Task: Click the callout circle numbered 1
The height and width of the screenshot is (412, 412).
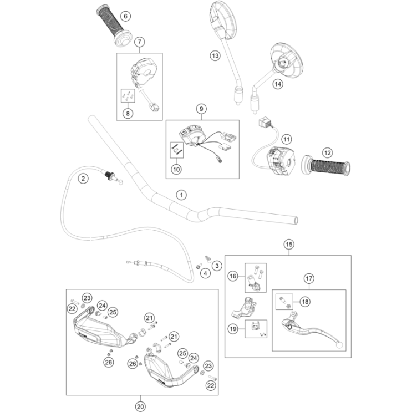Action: coord(180,195)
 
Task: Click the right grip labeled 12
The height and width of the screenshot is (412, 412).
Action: coord(327,166)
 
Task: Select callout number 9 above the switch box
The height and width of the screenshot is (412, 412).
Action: coord(201,109)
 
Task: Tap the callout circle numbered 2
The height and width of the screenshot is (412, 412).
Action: coord(82,178)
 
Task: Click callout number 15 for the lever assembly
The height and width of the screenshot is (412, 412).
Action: coord(288,243)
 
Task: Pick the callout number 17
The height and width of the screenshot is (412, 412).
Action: coord(309,278)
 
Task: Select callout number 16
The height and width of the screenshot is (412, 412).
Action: coord(233,275)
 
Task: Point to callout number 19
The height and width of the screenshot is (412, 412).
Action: coord(233,329)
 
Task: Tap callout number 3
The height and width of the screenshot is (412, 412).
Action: coord(217,266)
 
